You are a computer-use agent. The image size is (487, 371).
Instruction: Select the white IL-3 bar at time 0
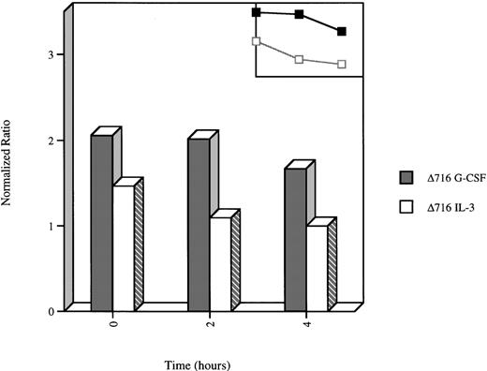tap(123, 247)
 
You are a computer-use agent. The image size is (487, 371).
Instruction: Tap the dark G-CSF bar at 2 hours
tap(198, 224)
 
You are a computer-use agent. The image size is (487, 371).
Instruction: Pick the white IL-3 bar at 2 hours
tap(220, 263)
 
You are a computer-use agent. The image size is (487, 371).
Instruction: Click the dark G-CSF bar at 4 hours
tap(295, 239)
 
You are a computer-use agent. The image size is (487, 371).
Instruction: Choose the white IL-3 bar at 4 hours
tap(317, 268)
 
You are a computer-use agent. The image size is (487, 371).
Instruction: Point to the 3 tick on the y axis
tap(52, 54)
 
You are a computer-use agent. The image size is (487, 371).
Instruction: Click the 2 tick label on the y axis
tap(52, 141)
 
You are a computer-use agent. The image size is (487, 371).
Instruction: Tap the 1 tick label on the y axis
tap(52, 226)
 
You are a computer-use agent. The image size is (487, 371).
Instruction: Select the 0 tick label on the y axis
tap(52, 311)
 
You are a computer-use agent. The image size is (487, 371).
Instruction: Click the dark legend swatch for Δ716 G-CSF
tap(406, 177)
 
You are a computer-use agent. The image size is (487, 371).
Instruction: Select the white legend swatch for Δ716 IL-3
tap(406, 206)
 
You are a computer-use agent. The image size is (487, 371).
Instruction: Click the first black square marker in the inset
tap(257, 12)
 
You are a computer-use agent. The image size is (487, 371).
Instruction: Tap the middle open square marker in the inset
tap(299, 59)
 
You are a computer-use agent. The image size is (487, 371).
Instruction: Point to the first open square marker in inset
tap(257, 41)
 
